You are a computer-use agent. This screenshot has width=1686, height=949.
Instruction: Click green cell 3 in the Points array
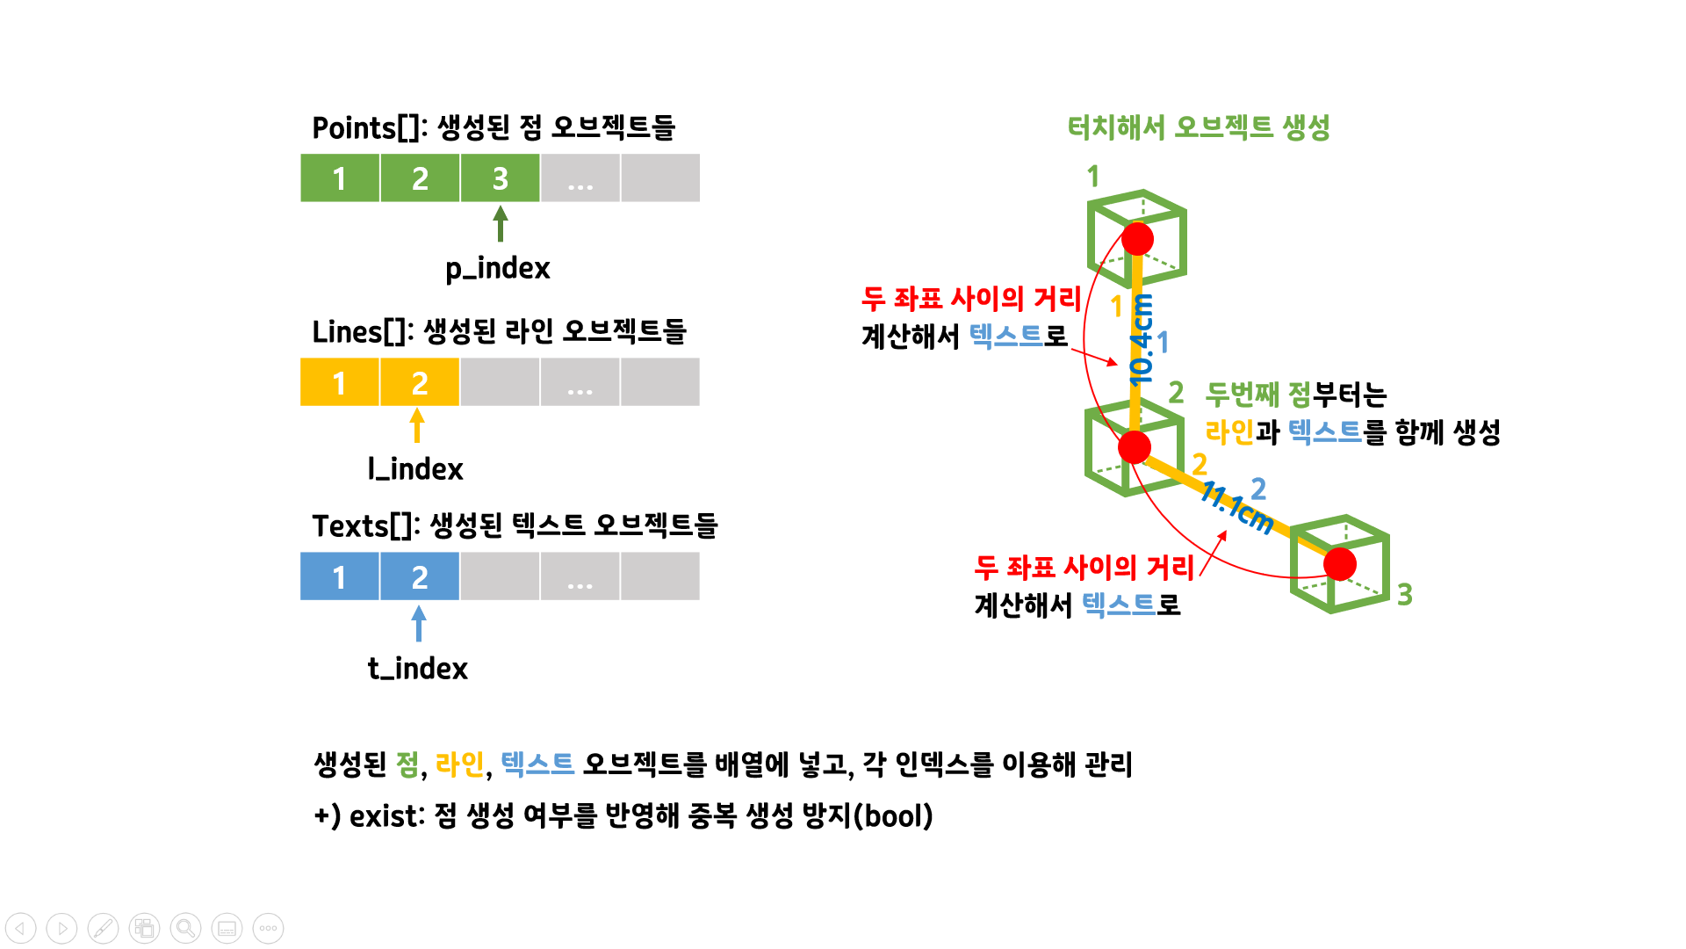coord(500,178)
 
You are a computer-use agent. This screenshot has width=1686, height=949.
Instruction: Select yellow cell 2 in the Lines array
coord(420,382)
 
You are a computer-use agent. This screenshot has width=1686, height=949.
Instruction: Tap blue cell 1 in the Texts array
coord(340,577)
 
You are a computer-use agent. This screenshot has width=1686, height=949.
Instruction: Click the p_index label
coord(497,268)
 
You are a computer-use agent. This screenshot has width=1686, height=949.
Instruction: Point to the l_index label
coord(415,469)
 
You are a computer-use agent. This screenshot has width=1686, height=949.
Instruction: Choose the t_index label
coord(417,669)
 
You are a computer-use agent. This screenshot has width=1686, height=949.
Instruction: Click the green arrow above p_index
coord(501,223)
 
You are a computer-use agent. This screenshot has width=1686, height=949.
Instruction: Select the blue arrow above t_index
coord(419,623)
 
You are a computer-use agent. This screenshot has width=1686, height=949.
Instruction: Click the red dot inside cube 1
coord(1137,239)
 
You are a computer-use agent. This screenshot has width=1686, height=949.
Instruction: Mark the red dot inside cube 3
coord(1340,564)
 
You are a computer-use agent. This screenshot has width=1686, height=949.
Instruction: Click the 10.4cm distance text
coord(1141,339)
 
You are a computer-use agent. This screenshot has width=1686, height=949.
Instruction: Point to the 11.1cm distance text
coord(1236,508)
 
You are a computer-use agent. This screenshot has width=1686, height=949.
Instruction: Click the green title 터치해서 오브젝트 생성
coord(1198,128)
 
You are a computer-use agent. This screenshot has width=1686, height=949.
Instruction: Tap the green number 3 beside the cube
coord(1405,595)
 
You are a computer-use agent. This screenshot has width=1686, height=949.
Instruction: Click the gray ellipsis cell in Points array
coord(580,178)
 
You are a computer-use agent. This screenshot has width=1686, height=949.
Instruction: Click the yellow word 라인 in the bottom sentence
coord(459,764)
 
